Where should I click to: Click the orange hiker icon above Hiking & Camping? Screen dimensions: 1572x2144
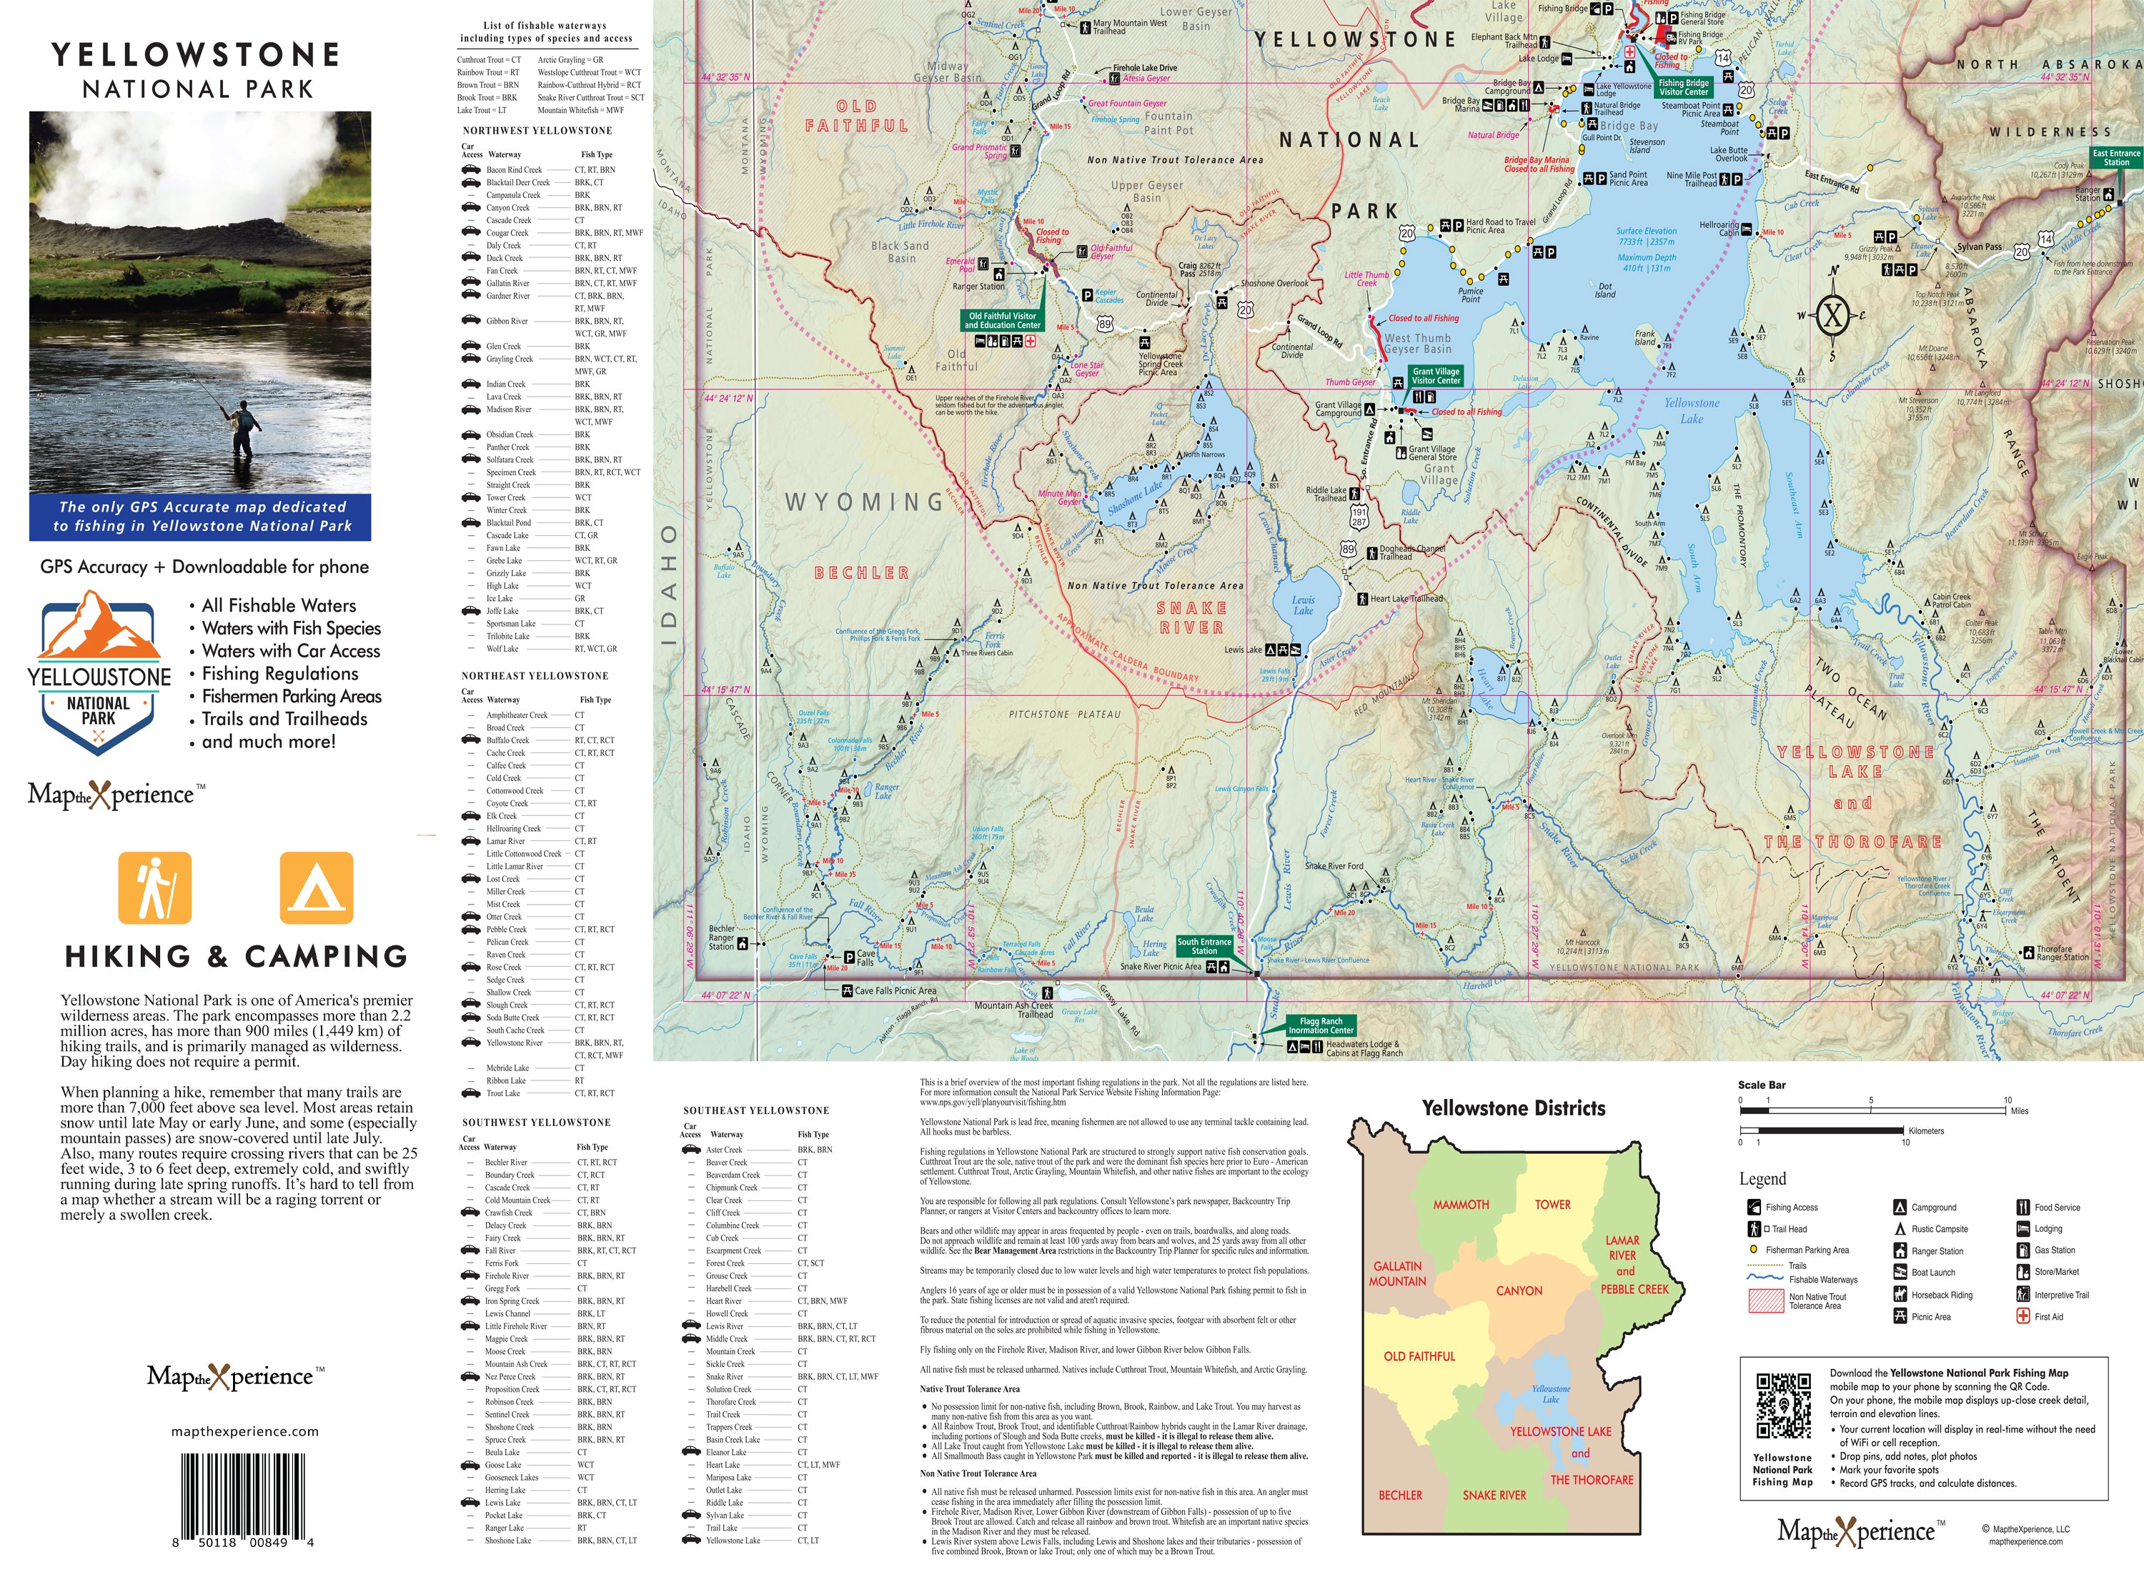click(154, 887)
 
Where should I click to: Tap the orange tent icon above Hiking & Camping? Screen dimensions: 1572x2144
click(316, 887)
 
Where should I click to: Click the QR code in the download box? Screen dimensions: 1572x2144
click(1782, 1406)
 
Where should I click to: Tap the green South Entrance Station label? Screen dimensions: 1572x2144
click(1203, 946)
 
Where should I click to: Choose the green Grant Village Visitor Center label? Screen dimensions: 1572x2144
click(1435, 376)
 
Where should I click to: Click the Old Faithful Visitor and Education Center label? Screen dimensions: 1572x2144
click(1002, 321)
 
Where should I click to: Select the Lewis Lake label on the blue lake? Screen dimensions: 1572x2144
click(1303, 605)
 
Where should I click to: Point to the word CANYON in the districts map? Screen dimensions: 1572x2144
click(1519, 1291)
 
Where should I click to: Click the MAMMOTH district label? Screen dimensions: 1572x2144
click(1461, 1205)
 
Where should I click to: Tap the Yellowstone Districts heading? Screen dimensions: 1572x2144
click(1513, 1108)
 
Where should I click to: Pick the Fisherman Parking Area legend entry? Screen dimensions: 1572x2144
click(1806, 1250)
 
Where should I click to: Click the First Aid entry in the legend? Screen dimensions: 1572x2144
click(2048, 1317)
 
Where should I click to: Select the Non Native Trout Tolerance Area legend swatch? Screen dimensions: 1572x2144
click(1765, 1300)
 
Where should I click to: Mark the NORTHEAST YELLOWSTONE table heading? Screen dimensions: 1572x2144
click(535, 676)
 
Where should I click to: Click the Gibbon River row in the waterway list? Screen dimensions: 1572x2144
click(507, 322)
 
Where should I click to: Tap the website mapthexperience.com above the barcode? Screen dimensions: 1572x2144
click(244, 1431)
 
